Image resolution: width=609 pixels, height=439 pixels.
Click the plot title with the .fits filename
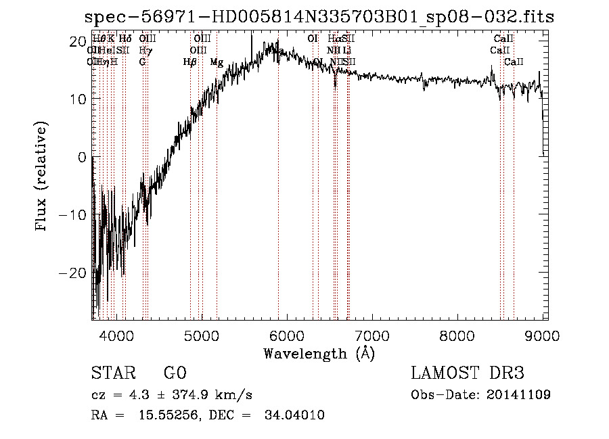[x=319, y=17]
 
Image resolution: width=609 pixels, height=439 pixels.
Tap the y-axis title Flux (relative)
[x=42, y=177]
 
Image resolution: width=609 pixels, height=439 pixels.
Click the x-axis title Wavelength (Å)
[x=319, y=353]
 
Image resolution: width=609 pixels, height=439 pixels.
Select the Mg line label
[x=217, y=62]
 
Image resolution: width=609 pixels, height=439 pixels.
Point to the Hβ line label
[x=190, y=62]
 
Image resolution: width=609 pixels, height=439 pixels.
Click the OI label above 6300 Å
[x=313, y=39]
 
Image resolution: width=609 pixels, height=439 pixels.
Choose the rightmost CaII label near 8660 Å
[x=514, y=62]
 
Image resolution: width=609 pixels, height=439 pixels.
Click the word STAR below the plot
[x=112, y=373]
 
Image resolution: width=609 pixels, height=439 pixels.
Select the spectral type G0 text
[x=175, y=373]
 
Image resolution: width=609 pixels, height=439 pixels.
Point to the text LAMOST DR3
[x=468, y=373]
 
